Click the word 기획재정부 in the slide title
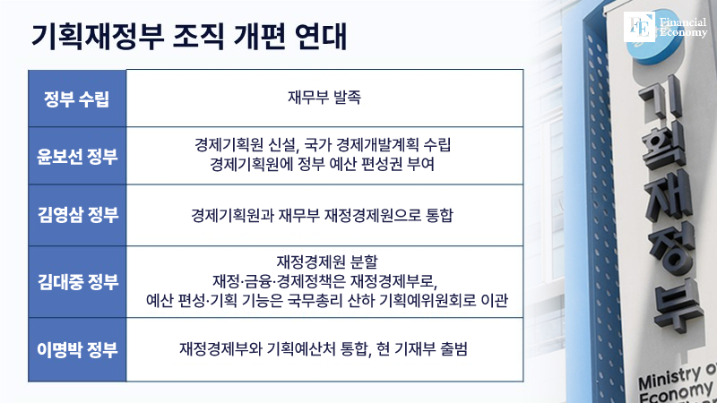[98, 37]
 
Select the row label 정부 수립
[77, 99]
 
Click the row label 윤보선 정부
[77, 156]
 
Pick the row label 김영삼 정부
[78, 215]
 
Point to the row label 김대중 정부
[78, 281]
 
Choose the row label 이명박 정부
[77, 349]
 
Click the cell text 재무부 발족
[324, 98]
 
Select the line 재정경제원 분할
[327, 262]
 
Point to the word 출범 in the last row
[454, 349]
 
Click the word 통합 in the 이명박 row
[355, 349]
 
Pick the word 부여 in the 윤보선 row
[420, 164]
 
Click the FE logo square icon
[639, 27]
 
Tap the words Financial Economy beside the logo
[683, 28]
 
